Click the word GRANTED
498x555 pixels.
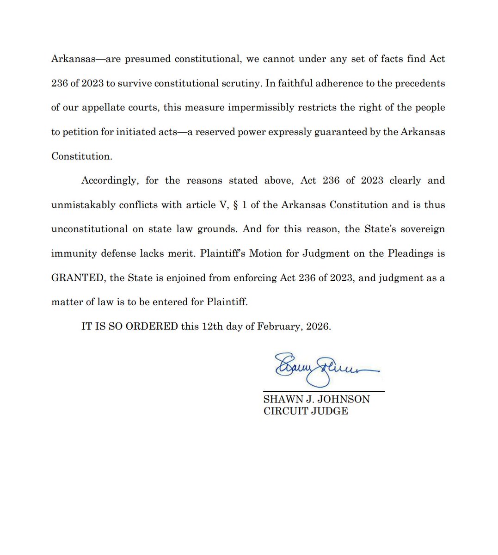coord(77,278)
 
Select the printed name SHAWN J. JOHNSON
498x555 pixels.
coord(316,399)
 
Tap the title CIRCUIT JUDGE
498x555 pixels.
coord(306,411)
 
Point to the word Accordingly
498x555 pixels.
coord(110,180)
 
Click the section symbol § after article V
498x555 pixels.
coord(236,205)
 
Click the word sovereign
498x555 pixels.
coord(420,229)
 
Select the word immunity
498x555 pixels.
coord(71,253)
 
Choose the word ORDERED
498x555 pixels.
coord(152,327)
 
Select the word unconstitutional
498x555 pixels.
coord(89,229)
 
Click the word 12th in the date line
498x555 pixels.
coord(212,327)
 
